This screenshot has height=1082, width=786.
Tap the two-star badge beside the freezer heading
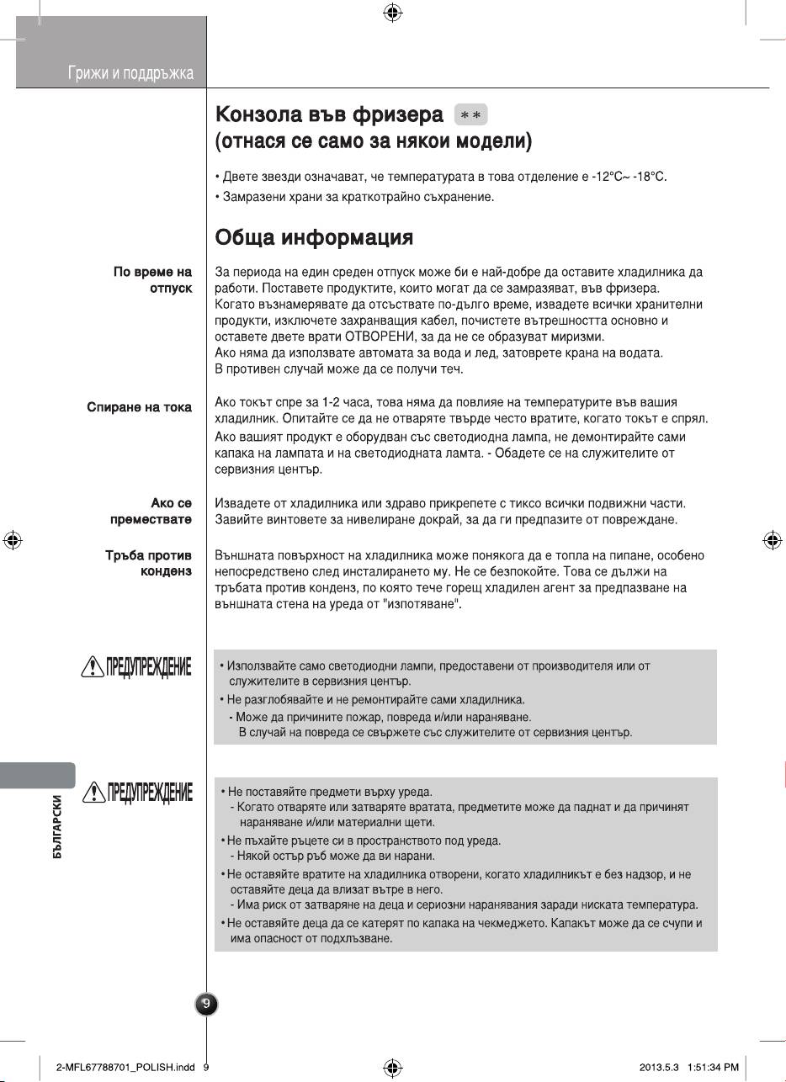pyautogui.click(x=470, y=114)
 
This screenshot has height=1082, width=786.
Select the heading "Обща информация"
pyautogui.click(x=314, y=237)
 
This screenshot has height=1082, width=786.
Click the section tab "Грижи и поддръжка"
pyautogui.click(x=130, y=74)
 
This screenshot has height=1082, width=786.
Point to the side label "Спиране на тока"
pyautogui.click(x=139, y=407)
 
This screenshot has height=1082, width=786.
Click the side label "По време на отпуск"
pyautogui.click(x=152, y=280)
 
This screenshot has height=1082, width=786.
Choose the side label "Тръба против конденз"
pyautogui.click(x=147, y=564)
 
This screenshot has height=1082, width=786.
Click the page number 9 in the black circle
pyautogui.click(x=206, y=1004)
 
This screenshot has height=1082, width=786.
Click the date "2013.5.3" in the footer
pyautogui.click(x=658, y=1067)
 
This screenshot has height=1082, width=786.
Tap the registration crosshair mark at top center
pyautogui.click(x=392, y=13)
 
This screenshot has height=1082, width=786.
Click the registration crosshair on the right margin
pyautogui.click(x=772, y=540)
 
